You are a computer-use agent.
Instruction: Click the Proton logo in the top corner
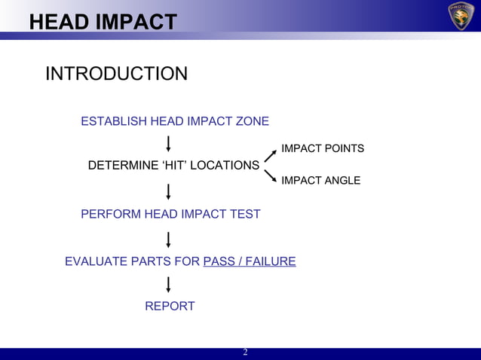pyautogui.click(x=461, y=17)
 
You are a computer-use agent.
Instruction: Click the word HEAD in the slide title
pyautogui.click(x=58, y=23)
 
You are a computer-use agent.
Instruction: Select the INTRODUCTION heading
pyautogui.click(x=116, y=74)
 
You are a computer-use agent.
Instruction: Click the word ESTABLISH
pyautogui.click(x=114, y=121)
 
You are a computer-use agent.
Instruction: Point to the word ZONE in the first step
pyautogui.click(x=252, y=121)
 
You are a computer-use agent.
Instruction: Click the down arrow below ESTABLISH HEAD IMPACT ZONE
pyautogui.click(x=167, y=143)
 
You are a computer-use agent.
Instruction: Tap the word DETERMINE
pyautogui.click(x=124, y=165)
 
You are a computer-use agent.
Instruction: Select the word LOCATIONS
pyautogui.click(x=224, y=165)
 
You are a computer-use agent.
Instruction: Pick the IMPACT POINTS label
pyautogui.click(x=323, y=148)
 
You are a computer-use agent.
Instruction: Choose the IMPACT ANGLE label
pyautogui.click(x=320, y=181)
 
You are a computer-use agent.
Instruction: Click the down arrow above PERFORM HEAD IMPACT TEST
pyautogui.click(x=167, y=192)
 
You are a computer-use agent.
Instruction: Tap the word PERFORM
pyautogui.click(x=111, y=214)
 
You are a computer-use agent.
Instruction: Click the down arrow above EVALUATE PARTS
pyautogui.click(x=167, y=239)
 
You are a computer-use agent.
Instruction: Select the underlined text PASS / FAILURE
pyautogui.click(x=250, y=261)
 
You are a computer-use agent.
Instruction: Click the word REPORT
pyautogui.click(x=170, y=307)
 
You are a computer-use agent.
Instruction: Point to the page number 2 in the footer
pyautogui.click(x=244, y=353)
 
